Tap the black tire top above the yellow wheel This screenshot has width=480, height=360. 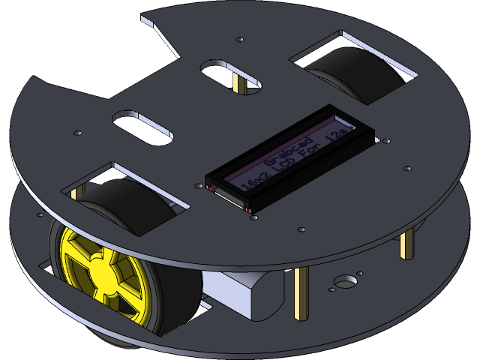point(127,206)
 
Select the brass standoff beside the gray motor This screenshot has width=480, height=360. point(301,292)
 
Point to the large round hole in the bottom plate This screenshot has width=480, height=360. point(346,283)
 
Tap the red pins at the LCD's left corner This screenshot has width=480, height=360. point(210,187)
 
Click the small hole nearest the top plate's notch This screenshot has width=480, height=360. point(239,39)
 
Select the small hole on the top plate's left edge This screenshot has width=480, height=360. point(77,133)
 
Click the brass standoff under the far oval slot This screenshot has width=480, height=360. point(238,84)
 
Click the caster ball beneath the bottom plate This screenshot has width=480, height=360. point(112,341)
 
